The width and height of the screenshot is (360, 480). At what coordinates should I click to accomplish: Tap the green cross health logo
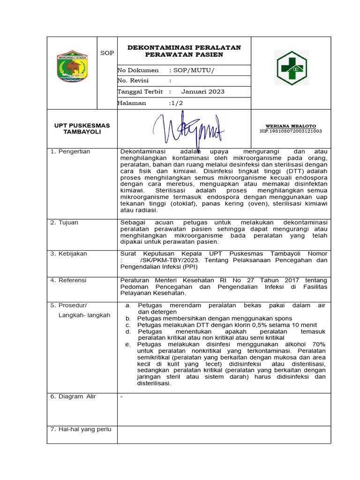click(x=291, y=68)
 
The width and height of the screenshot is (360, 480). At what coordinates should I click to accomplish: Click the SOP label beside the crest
click(x=107, y=53)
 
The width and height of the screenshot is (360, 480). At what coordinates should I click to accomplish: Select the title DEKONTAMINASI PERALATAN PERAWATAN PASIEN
click(x=184, y=51)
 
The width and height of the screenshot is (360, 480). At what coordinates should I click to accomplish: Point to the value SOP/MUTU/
click(x=193, y=70)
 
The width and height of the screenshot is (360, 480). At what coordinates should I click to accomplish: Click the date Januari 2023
click(x=203, y=92)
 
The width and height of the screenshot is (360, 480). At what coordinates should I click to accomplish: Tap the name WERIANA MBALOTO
click(x=291, y=127)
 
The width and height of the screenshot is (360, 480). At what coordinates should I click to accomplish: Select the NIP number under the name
click(x=291, y=131)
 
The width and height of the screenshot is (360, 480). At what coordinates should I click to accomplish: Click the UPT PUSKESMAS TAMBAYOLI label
click(x=82, y=128)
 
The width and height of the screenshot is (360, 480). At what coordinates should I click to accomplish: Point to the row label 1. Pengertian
click(x=70, y=152)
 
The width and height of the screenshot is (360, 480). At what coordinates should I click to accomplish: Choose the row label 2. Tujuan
click(x=65, y=222)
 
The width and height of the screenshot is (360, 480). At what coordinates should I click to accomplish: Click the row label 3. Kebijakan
click(x=69, y=254)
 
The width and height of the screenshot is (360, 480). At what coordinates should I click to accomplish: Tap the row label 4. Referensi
click(x=68, y=280)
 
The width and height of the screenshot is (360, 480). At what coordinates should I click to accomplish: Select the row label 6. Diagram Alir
click(x=73, y=397)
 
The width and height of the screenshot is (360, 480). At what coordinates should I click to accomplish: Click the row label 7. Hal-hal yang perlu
click(x=81, y=429)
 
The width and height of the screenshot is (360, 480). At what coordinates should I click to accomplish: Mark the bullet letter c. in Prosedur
click(x=127, y=325)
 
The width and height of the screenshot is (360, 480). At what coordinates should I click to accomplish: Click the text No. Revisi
click(x=133, y=81)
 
